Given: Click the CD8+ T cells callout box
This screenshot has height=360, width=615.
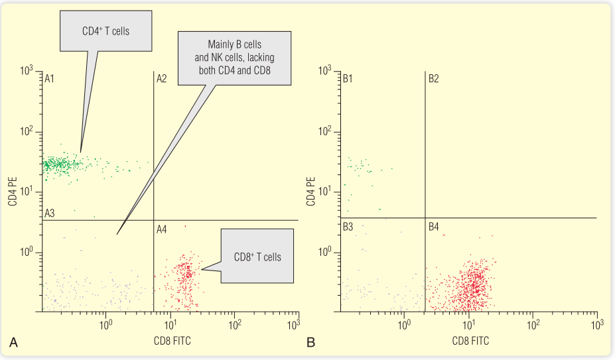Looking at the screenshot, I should pos(256,256).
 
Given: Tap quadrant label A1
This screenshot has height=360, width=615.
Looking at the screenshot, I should pos(48,78).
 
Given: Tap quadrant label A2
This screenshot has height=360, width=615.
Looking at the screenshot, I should pos(161,78).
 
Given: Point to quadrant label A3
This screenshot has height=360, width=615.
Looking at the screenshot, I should pos(49,213).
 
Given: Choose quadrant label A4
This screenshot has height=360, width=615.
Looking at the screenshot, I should pos(162,229).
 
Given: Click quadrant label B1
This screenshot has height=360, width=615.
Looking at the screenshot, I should pos(348,78).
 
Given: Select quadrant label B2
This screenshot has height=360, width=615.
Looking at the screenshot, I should pos(433,78).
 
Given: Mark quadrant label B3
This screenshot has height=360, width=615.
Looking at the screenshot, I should pos(348,227).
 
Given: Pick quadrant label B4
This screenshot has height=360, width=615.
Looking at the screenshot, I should pos(433,227).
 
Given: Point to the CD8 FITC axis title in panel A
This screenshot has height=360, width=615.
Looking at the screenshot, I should pos(171,341).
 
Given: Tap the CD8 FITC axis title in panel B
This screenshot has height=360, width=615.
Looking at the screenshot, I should pos(469,341).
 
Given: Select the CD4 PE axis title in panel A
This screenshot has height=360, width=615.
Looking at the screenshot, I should pos(13,190).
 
